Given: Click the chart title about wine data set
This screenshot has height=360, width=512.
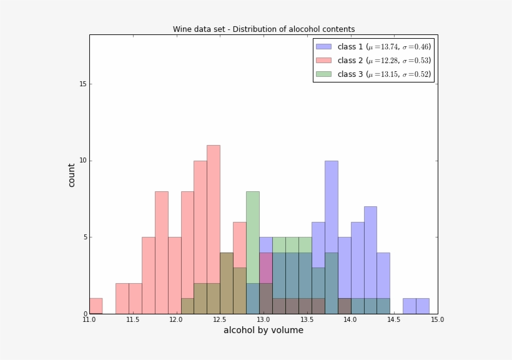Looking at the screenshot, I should (x=263, y=29).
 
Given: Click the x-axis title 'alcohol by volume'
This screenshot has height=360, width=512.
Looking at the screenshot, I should (x=263, y=330).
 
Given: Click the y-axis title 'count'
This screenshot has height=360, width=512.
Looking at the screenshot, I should (x=72, y=175).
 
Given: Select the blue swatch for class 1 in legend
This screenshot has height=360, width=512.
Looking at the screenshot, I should (x=323, y=47).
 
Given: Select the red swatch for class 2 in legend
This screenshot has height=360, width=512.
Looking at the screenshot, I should (x=323, y=61).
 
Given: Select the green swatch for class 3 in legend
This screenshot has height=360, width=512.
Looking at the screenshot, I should (x=323, y=74).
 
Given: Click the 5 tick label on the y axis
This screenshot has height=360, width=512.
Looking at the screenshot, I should (x=83, y=237).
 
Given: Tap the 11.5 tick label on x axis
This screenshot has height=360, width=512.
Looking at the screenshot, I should (x=132, y=320).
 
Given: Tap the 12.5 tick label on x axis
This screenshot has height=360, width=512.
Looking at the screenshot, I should (x=220, y=320).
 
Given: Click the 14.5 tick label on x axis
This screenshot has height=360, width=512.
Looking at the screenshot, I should (x=394, y=320).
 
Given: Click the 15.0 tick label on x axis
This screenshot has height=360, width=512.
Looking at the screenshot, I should (x=437, y=320).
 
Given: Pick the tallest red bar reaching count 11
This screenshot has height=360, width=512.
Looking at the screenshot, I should (x=213, y=187).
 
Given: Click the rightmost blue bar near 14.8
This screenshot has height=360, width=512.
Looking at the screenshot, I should (x=422, y=306).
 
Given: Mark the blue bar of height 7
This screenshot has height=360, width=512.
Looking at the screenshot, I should (x=370, y=250).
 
